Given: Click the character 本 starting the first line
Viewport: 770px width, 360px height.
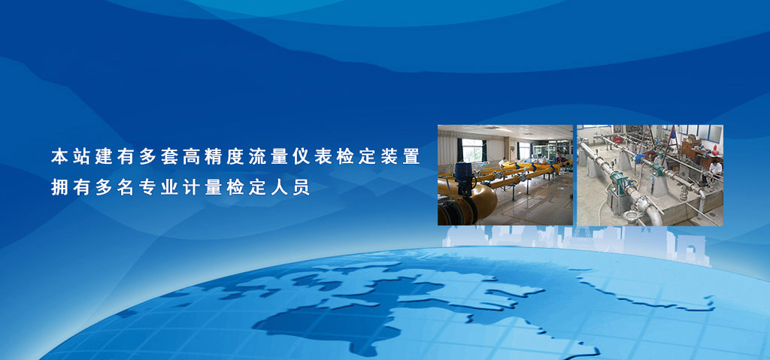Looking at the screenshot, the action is coord(59,156).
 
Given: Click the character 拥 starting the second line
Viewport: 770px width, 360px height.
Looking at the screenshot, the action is coord(59,187).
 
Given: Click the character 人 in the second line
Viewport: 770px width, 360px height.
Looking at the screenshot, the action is coord(280,187).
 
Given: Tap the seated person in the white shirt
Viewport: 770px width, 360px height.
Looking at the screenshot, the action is coord(715,168).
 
